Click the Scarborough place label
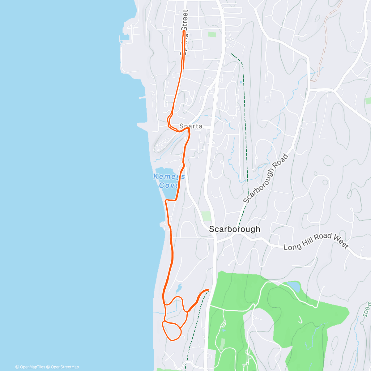coord(234,229)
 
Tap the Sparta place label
coord(191,126)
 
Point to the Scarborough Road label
coord(266,179)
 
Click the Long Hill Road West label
coord(316,242)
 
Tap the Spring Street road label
coord(185,32)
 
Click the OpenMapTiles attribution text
coord(30,367)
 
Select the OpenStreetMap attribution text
coord(63,367)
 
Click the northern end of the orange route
coord(184,32)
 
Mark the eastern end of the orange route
coord(208,290)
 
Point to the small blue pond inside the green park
coord(293,286)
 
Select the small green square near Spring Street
coord(212,34)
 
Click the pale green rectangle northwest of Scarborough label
coord(206,215)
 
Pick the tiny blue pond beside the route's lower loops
coord(179,289)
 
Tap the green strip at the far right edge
coord(368,100)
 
